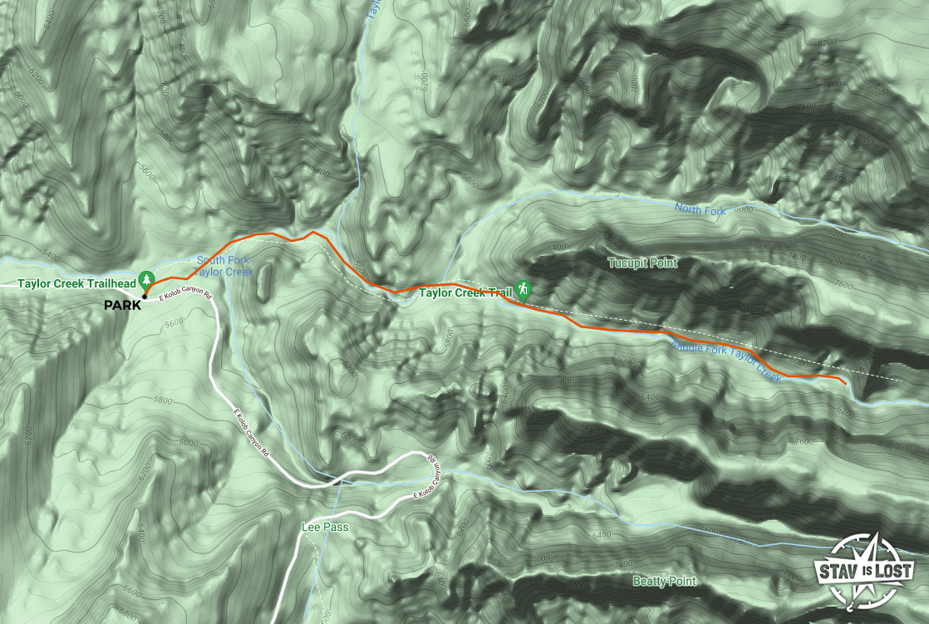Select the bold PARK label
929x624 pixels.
tap(123, 306)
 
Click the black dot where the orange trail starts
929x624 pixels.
tap(145, 296)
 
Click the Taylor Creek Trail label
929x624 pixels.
tap(465, 292)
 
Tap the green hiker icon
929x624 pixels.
tap(523, 290)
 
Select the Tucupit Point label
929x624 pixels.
tap(642, 263)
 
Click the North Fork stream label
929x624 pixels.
tap(700, 210)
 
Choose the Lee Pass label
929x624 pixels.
tap(325, 528)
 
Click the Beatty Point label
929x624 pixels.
tap(664, 581)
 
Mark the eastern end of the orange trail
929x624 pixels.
tap(846, 383)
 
